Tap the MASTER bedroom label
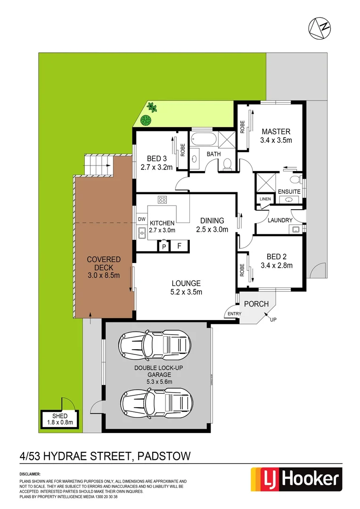point(276,131)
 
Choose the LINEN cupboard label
point(265,199)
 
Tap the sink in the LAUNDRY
point(295,230)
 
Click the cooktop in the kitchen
point(163,200)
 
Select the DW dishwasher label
point(141,219)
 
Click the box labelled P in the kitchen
point(164,246)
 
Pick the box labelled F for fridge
point(179,246)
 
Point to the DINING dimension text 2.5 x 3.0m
point(212,230)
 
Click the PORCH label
point(256,304)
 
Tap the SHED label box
point(59,419)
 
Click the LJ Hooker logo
point(295,479)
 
